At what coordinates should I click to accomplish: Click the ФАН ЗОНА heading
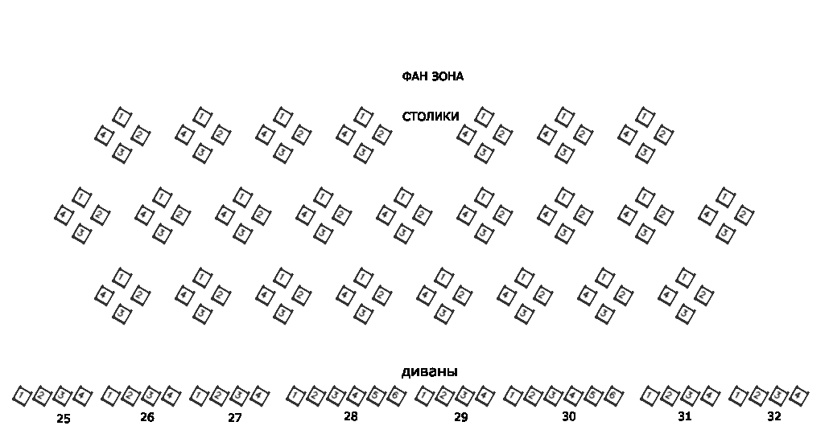pyautogui.click(x=432, y=76)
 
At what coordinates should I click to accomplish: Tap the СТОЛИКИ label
pyautogui.click(x=431, y=117)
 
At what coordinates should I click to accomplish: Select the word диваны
pyautogui.click(x=429, y=372)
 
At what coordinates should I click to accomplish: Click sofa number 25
pyautogui.click(x=64, y=418)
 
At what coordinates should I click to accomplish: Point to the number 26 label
pyautogui.click(x=146, y=417)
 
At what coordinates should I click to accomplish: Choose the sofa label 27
pyautogui.click(x=234, y=418)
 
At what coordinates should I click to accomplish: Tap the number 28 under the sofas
pyautogui.click(x=350, y=416)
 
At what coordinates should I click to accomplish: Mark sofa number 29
pyautogui.click(x=460, y=417)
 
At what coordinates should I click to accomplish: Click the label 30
pyautogui.click(x=568, y=416)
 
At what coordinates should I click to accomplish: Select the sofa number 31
pyautogui.click(x=684, y=416)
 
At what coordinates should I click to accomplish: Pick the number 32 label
pyautogui.click(x=773, y=416)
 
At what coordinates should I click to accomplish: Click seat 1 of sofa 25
pyautogui.click(x=23, y=395)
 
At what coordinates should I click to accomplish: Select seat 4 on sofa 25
pyautogui.click(x=82, y=395)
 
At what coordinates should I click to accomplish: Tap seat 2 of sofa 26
pyautogui.click(x=130, y=395)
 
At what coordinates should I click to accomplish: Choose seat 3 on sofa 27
pyautogui.click(x=238, y=395)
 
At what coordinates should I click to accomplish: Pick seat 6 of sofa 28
pyautogui.click(x=395, y=395)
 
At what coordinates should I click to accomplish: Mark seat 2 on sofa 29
pyautogui.click(x=444, y=395)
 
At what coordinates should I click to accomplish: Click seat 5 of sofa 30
pyautogui.click(x=592, y=395)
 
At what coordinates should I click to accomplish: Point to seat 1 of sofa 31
pyautogui.click(x=650, y=395)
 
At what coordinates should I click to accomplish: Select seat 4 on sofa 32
pyautogui.click(x=798, y=395)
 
